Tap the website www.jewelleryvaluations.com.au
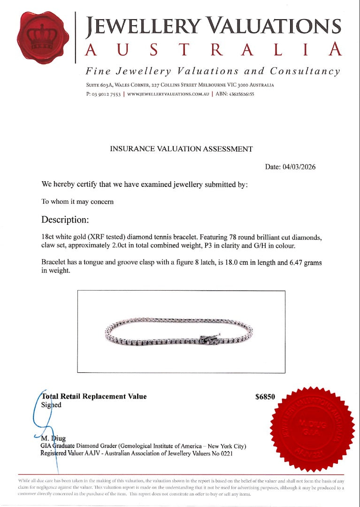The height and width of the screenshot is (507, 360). (x=168, y=94)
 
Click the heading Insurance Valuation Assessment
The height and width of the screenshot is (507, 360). (x=181, y=149)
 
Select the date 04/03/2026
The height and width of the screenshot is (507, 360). (x=299, y=167)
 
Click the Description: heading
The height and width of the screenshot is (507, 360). (x=65, y=220)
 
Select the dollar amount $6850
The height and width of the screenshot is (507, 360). (x=265, y=397)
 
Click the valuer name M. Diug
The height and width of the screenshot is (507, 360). (x=54, y=438)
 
